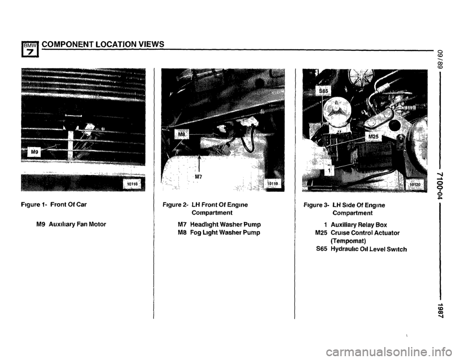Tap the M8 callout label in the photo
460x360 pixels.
tap(182, 134)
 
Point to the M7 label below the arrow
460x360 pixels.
tap(198, 176)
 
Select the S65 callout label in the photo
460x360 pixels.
tap(323, 91)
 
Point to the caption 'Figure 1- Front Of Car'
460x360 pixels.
tap(60, 205)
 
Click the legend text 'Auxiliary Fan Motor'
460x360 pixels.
tap(78, 224)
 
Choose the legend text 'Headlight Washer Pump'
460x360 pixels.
tap(225, 225)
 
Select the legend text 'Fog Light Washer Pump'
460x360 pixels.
tap(225, 232)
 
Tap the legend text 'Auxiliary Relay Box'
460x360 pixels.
tap(359, 225)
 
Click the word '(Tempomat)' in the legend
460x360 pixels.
tap(348, 241)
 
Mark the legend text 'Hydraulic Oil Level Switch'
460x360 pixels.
tap(369, 249)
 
